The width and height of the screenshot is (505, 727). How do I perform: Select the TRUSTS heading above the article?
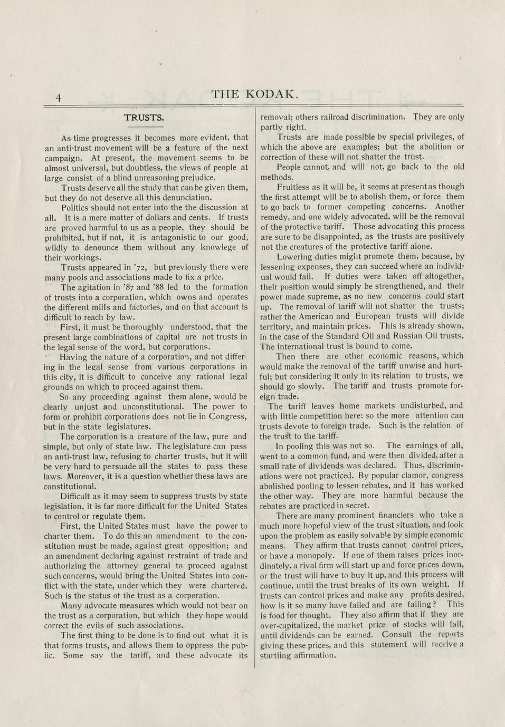click(x=144, y=117)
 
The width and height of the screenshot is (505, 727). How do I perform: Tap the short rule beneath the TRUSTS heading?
click(x=146, y=127)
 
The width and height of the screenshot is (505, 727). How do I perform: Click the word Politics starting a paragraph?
click(x=77, y=207)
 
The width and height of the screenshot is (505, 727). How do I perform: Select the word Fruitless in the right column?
click(x=293, y=187)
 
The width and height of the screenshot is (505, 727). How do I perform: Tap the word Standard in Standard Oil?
click(x=339, y=336)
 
